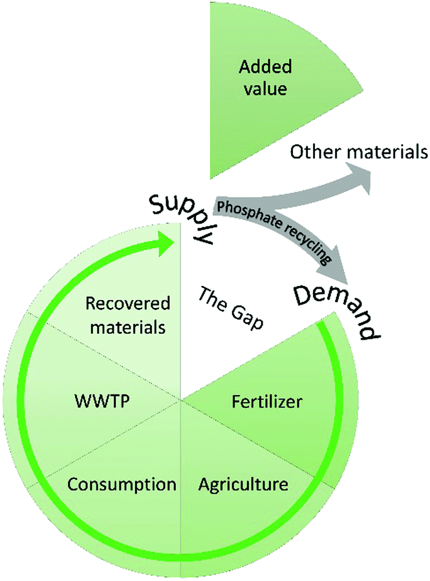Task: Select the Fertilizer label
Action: pos(267,402)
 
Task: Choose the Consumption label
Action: pos(122,483)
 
